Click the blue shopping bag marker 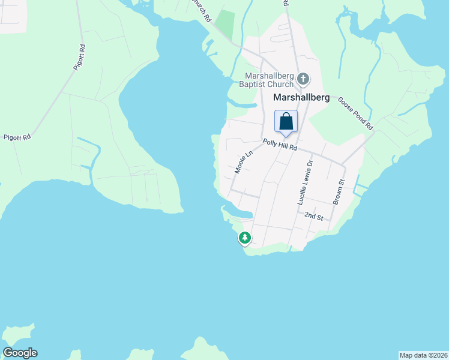pos(286,121)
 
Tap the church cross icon pos(303,79)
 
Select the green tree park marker pos(245,238)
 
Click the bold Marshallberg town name pos(301,97)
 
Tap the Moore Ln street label pos(242,162)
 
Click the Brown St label pos(340,192)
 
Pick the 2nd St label pos(314,216)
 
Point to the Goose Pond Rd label pos(355,114)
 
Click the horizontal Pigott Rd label pos(16,137)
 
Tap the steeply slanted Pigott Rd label pos(79,58)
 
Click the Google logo pos(20,353)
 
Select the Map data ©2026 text pos(423,355)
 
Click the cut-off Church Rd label pos(200,10)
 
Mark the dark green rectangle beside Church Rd pos(225,23)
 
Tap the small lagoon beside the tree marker pos(240,214)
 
